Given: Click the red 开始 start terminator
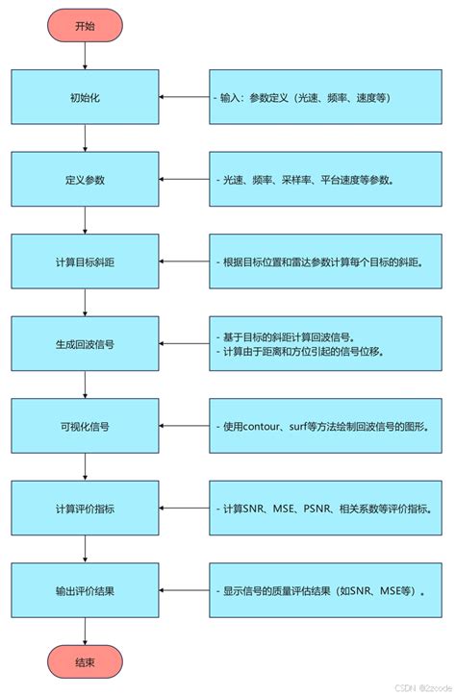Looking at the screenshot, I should (x=86, y=26).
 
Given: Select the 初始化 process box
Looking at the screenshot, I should (x=86, y=97).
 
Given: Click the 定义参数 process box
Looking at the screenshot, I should (x=86, y=180).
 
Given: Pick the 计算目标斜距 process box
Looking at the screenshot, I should (x=86, y=261).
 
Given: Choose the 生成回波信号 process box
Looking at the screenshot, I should (x=86, y=344).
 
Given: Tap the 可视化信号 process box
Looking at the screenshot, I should (x=86, y=426).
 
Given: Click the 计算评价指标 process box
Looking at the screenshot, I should (x=86, y=509).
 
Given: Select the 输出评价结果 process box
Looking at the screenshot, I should (x=86, y=590).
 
